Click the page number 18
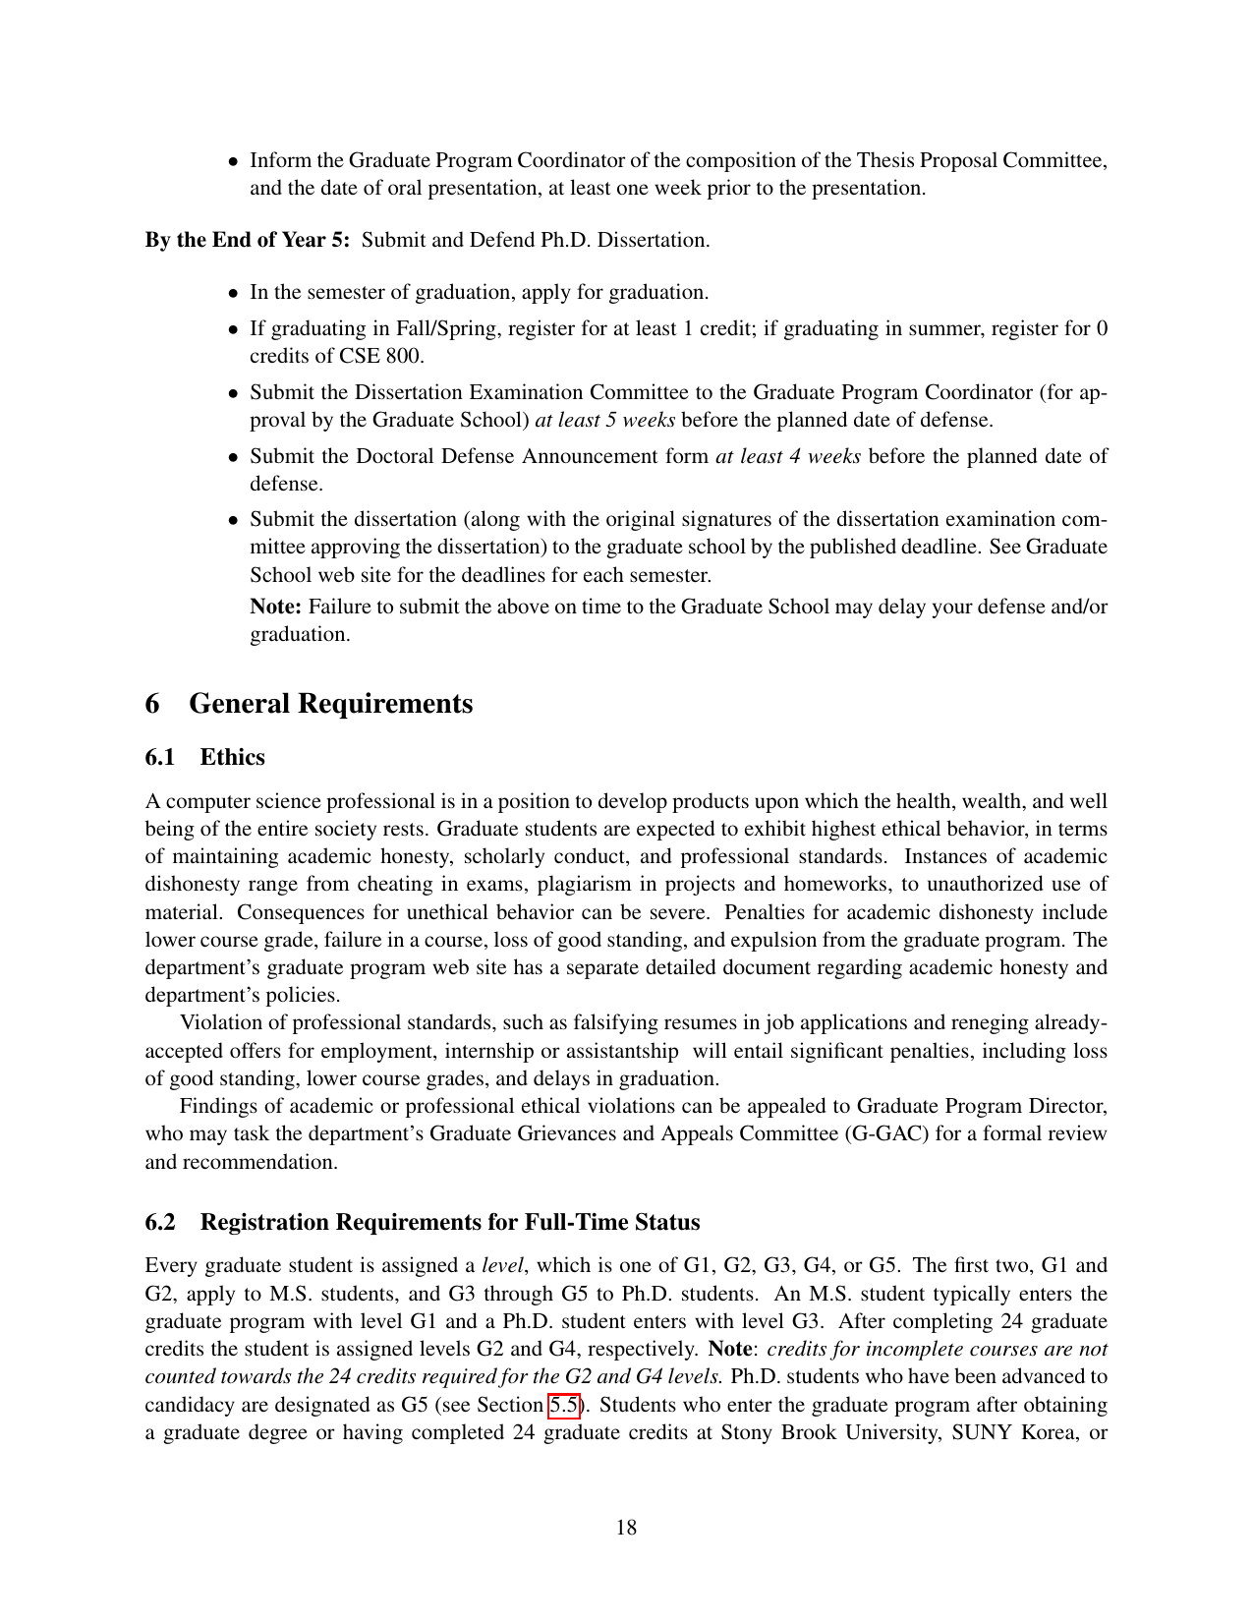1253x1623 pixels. [x=626, y=1527]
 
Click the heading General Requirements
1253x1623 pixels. [x=330, y=704]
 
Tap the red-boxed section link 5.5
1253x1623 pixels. [x=563, y=1405]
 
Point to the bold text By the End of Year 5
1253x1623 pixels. [x=247, y=240]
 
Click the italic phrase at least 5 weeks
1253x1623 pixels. [x=604, y=420]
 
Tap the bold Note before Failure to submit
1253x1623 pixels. [x=275, y=607]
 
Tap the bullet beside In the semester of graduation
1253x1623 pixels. [x=233, y=293]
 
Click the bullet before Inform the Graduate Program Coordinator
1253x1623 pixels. [x=233, y=161]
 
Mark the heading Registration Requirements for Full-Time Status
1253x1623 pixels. [x=450, y=1222]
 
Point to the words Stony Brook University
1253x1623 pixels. [x=830, y=1432]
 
